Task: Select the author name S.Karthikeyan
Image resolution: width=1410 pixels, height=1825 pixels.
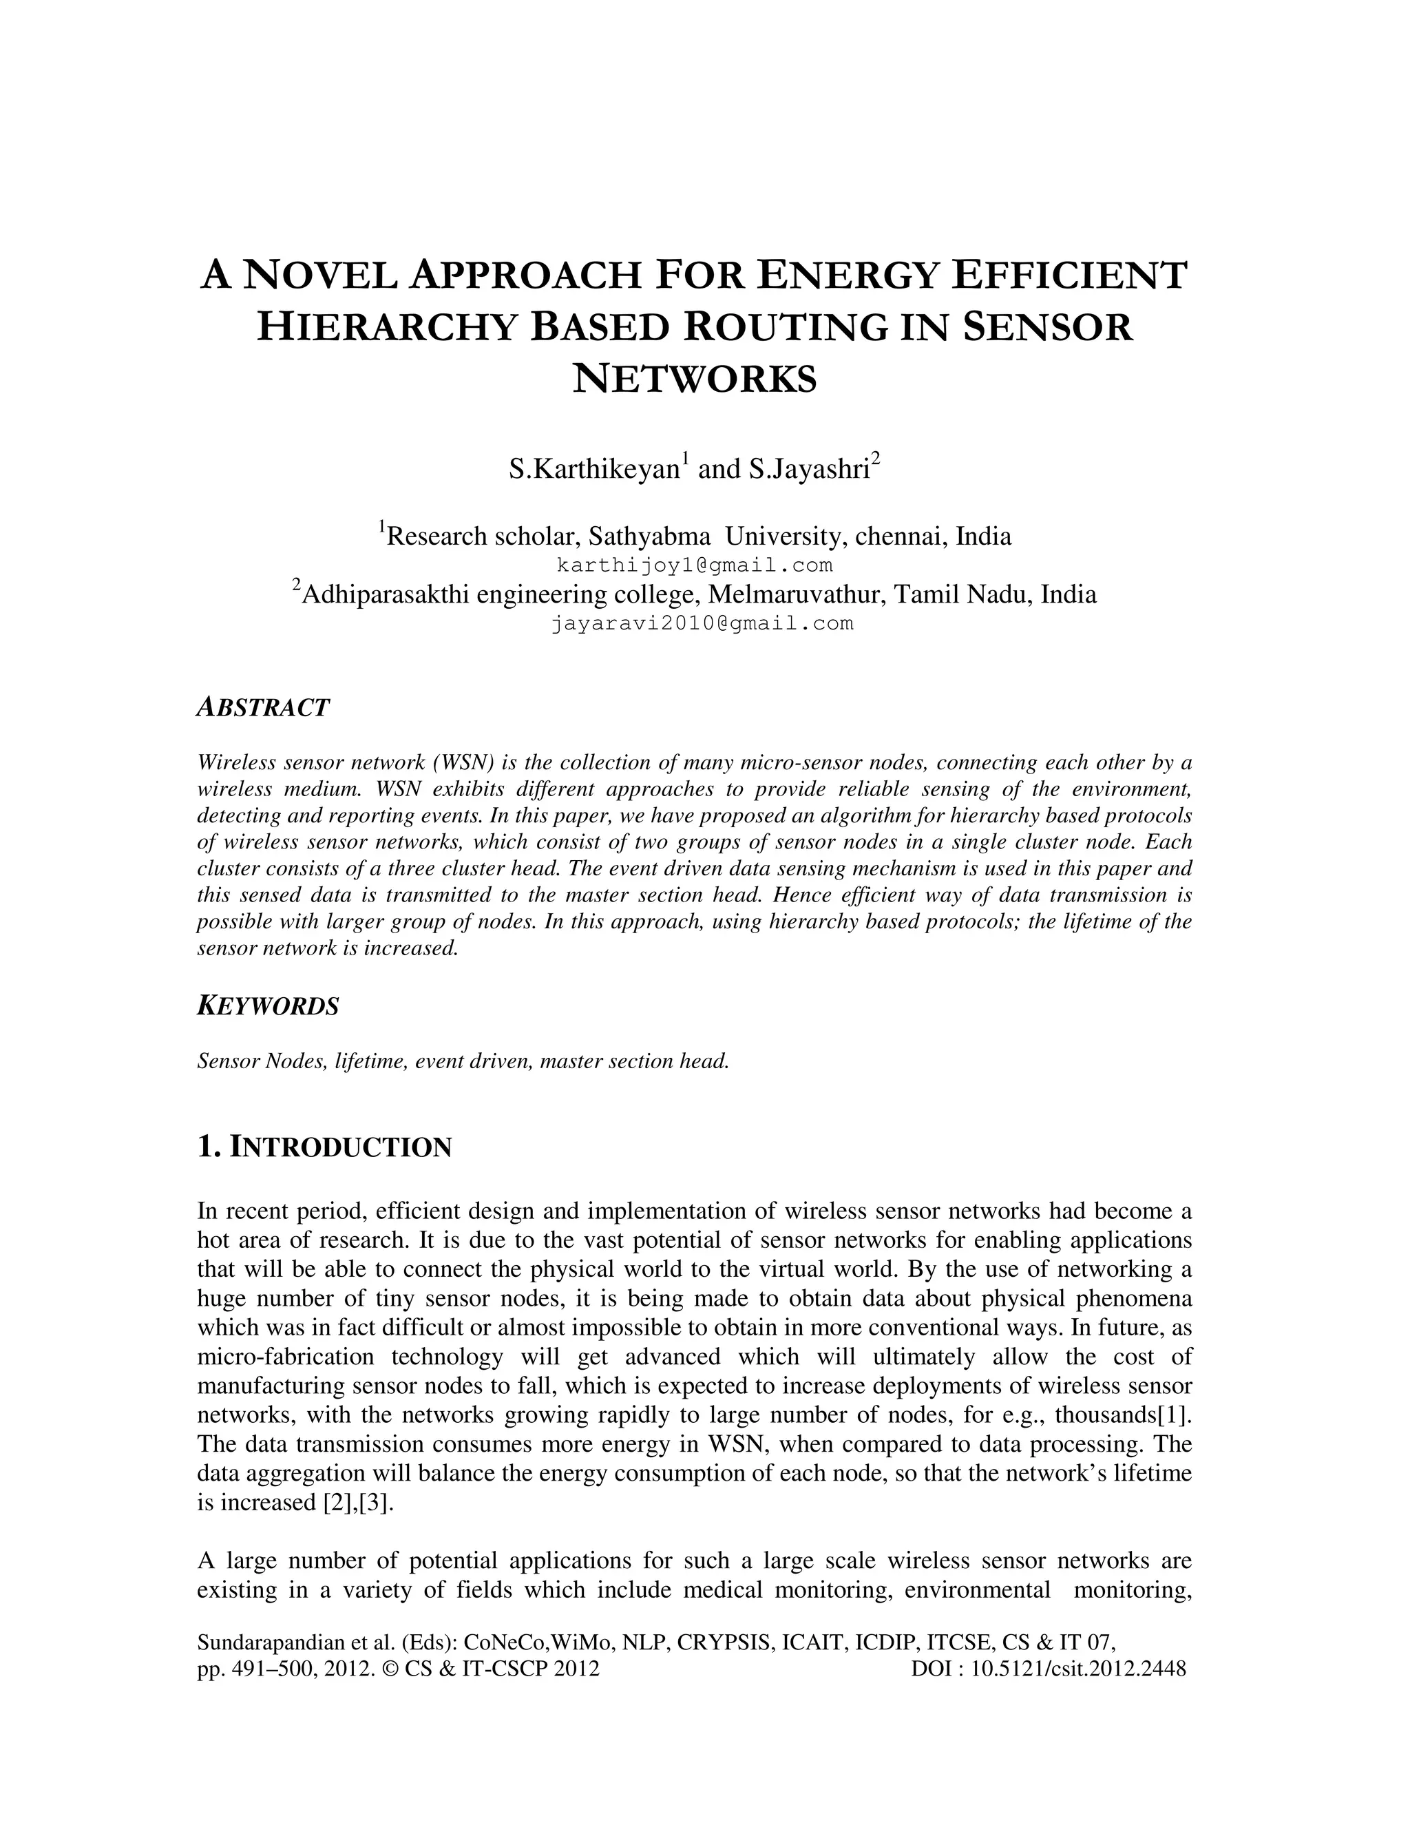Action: click(x=594, y=470)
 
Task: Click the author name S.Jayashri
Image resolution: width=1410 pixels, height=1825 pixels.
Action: click(x=808, y=470)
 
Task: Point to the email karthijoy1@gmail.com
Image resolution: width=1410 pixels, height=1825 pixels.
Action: click(x=695, y=565)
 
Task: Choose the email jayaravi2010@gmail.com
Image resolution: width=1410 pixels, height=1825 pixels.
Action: click(x=702, y=623)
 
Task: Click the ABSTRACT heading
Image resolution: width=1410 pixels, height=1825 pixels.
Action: click(x=263, y=708)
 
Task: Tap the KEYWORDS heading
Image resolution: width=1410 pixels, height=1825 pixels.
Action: click(x=268, y=1006)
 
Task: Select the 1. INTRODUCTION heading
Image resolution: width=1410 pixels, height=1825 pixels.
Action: click(x=324, y=1147)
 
